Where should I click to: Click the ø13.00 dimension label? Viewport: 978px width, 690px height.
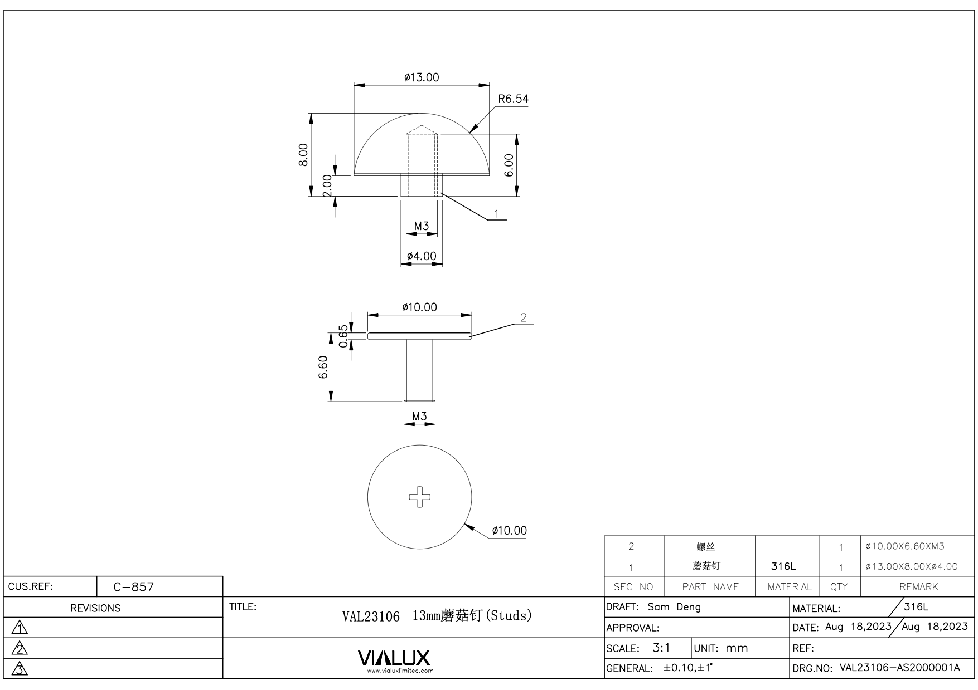pos(422,77)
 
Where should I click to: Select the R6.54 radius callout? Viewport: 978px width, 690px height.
pos(513,99)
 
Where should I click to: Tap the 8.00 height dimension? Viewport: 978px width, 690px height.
pos(303,154)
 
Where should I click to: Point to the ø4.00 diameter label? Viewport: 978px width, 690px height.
pos(422,256)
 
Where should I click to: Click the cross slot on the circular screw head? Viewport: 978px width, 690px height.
pos(420,497)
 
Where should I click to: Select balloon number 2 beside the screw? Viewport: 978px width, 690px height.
pos(523,317)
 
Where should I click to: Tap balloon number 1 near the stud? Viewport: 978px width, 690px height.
pos(496,213)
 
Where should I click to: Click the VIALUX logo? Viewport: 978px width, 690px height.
pos(394,658)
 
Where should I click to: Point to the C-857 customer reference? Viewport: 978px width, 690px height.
pos(133,586)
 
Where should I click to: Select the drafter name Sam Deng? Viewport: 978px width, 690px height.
pos(674,606)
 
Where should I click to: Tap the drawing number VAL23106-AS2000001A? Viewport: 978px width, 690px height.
pos(899,668)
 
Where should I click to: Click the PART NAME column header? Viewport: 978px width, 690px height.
pos(710,586)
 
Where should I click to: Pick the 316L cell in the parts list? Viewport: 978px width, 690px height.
pos(783,566)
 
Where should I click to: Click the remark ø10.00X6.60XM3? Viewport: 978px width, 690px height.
pos(904,546)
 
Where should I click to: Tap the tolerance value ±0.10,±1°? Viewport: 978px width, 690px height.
pos(688,668)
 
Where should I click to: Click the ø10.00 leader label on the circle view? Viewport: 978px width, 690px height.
pos(509,530)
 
